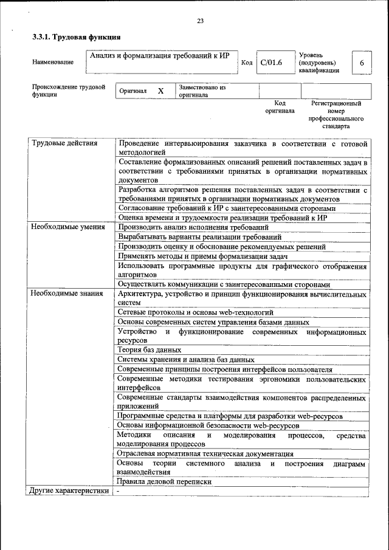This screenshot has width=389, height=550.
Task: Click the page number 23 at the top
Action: [x=200, y=21]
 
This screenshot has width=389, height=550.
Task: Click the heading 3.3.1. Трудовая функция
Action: [x=76, y=38]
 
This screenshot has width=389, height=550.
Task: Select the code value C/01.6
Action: [x=272, y=63]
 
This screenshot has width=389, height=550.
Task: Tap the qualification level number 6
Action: [x=362, y=63]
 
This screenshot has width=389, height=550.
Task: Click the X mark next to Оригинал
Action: [x=161, y=91]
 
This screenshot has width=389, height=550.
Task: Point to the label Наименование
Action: [x=53, y=63]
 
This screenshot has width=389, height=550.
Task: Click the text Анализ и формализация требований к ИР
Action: [x=159, y=56]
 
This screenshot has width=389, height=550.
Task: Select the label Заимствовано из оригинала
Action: [x=202, y=91]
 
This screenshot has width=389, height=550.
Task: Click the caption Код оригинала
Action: [x=280, y=107]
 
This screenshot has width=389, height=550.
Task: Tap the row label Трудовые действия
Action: [x=64, y=143]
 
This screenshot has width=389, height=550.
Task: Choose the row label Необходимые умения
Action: [x=68, y=227]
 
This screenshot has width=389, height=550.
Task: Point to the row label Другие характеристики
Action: [x=69, y=490]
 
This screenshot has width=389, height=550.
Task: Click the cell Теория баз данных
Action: [x=150, y=350]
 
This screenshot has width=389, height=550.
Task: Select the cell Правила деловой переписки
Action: [x=165, y=481]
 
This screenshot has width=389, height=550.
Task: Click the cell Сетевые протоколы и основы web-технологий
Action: [x=195, y=312]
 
